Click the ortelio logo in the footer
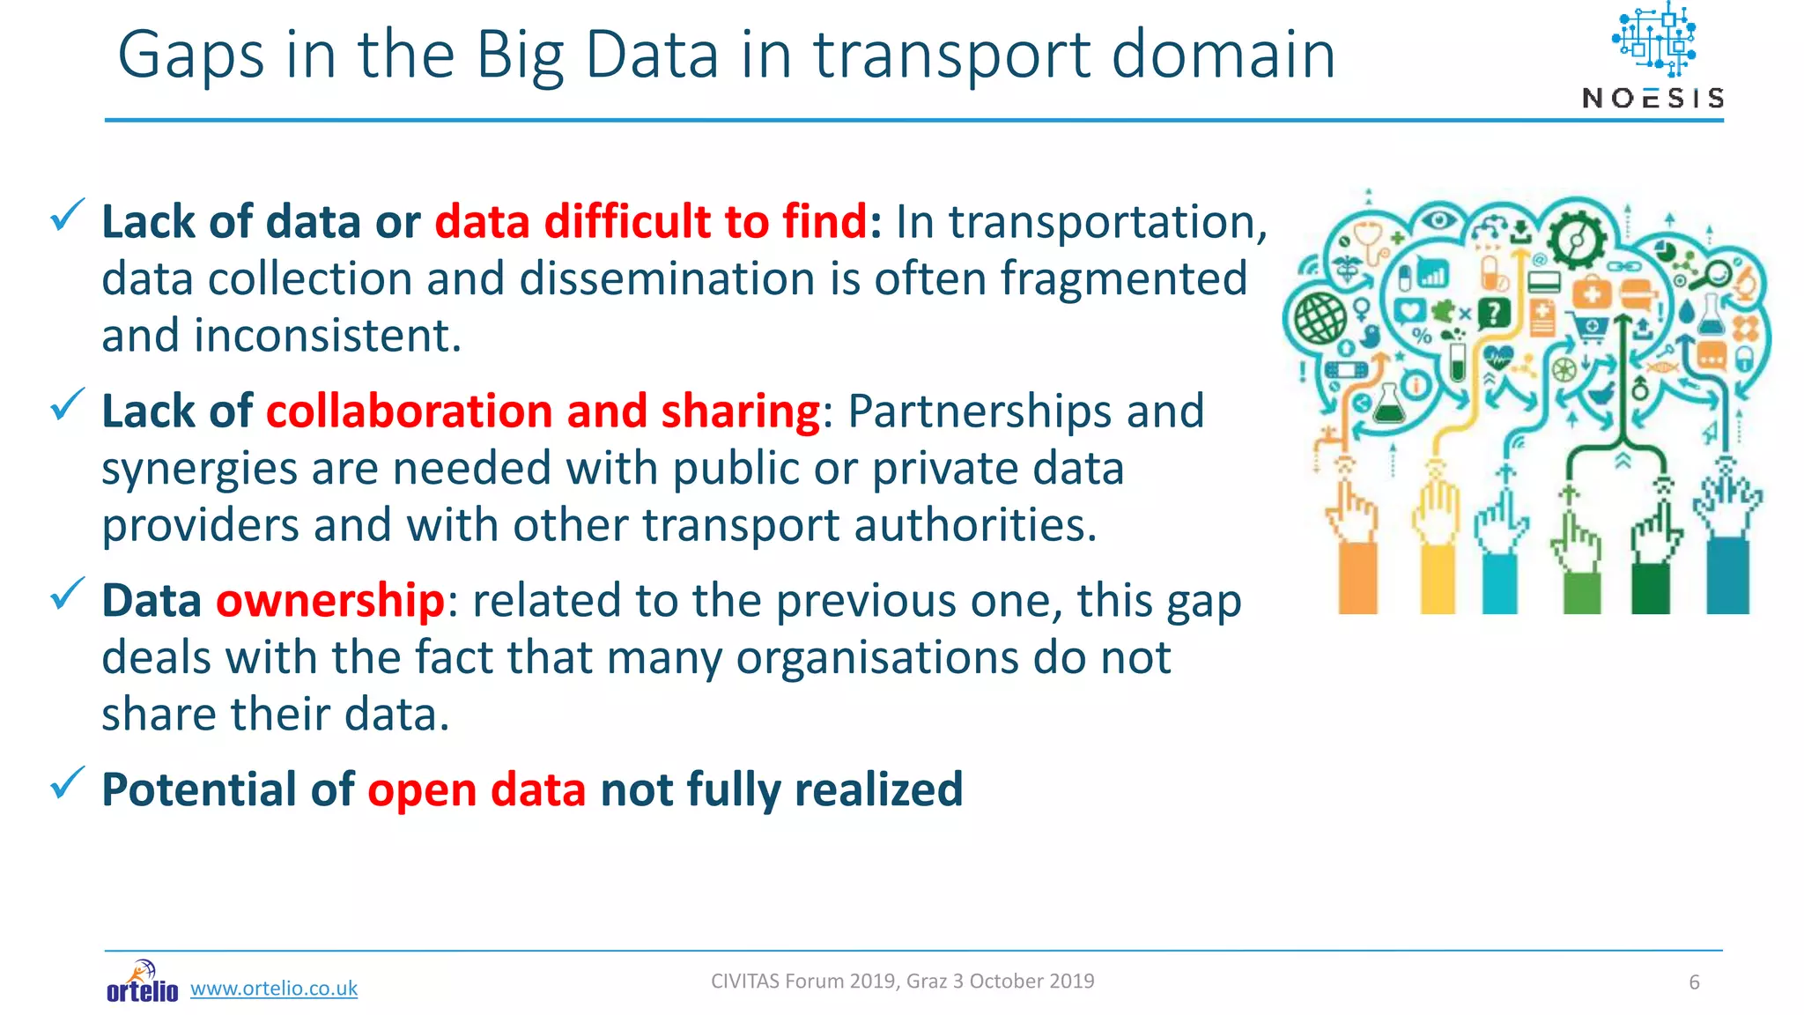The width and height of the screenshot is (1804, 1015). [x=142, y=983]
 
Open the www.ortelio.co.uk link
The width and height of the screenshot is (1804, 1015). [x=274, y=989]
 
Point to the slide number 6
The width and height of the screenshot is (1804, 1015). [x=1693, y=982]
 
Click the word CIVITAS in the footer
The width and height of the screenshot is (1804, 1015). [x=744, y=982]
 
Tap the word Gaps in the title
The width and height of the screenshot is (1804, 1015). [x=190, y=56]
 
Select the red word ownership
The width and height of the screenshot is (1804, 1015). [x=330, y=601]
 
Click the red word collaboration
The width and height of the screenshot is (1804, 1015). [x=409, y=411]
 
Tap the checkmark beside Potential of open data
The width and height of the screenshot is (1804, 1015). [x=67, y=782]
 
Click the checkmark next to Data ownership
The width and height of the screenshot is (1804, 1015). [x=67, y=593]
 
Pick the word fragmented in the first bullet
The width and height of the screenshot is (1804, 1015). [x=1123, y=279]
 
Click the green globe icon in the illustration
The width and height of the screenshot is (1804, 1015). [x=1320, y=318]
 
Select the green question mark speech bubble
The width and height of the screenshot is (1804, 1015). [x=1494, y=313]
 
